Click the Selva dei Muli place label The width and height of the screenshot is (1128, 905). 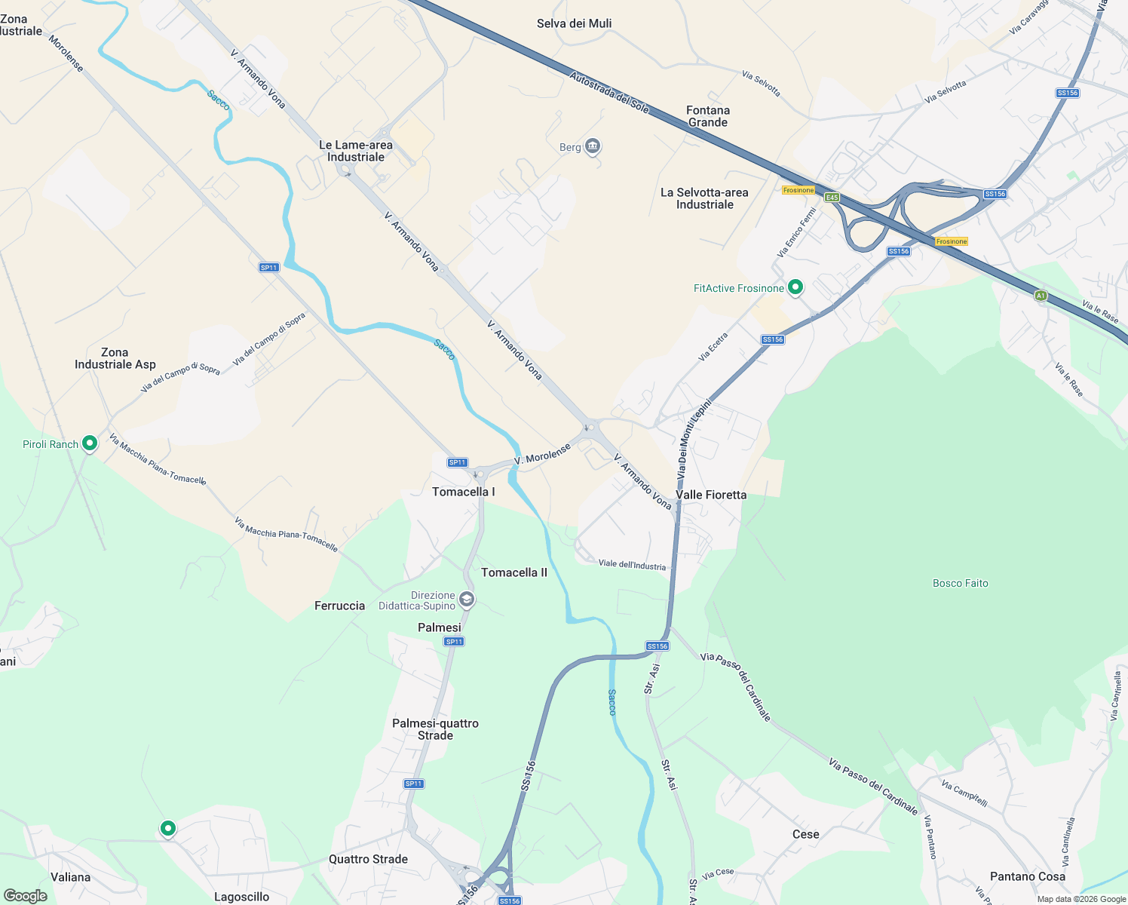pyautogui.click(x=574, y=23)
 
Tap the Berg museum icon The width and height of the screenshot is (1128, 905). pyautogui.click(x=593, y=146)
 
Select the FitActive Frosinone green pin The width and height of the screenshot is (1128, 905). pyautogui.click(x=795, y=287)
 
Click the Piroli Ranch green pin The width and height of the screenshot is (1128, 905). pyautogui.click(x=90, y=443)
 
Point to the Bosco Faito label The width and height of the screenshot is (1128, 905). pyautogui.click(x=960, y=583)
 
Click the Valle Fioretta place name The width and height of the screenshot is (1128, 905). pyautogui.click(x=711, y=495)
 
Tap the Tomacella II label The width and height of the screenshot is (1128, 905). pyautogui.click(x=514, y=572)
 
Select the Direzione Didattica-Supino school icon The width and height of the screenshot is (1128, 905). pyautogui.click(x=467, y=600)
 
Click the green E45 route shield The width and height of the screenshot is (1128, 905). pyautogui.click(x=832, y=198)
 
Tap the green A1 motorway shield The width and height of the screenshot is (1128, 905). pyautogui.click(x=1041, y=296)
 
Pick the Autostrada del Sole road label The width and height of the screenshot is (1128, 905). pyautogui.click(x=608, y=92)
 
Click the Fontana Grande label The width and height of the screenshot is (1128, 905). pyautogui.click(x=707, y=116)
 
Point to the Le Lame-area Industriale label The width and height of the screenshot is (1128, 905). pyautogui.click(x=356, y=151)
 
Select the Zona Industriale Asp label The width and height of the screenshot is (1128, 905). pyautogui.click(x=115, y=358)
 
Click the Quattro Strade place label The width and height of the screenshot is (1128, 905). pyautogui.click(x=368, y=859)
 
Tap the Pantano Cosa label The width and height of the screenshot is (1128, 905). pyautogui.click(x=1027, y=876)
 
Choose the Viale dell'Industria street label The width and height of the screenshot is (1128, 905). pyautogui.click(x=632, y=565)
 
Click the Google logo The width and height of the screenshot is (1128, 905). pyautogui.click(x=26, y=896)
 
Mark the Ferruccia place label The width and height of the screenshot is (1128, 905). pyautogui.click(x=339, y=606)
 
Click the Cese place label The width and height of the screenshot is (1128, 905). pyautogui.click(x=805, y=834)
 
